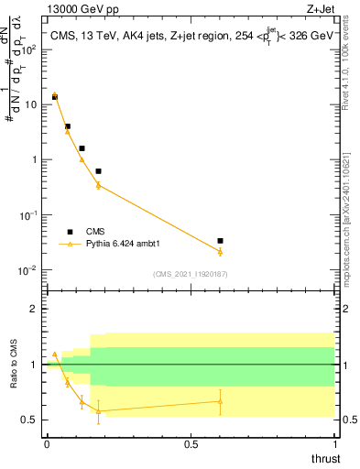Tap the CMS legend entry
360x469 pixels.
click(94, 232)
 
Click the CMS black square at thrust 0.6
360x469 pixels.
click(220, 241)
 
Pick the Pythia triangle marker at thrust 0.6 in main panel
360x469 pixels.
click(220, 251)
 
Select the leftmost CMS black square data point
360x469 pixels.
click(54, 96)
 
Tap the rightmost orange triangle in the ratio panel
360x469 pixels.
click(220, 400)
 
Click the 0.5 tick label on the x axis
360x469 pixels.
click(191, 444)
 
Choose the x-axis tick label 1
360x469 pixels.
click(334, 444)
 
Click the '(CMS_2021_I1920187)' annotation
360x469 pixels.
click(191, 274)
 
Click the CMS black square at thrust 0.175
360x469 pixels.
click(98, 171)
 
